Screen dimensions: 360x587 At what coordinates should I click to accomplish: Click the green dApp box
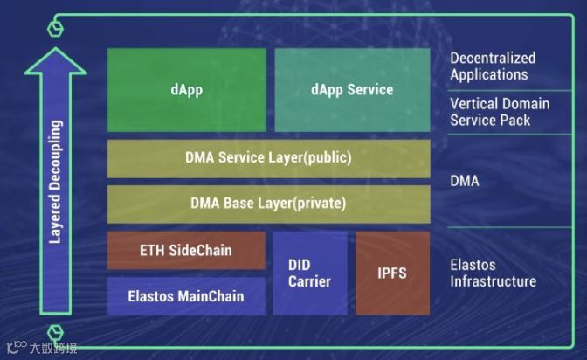click(x=186, y=90)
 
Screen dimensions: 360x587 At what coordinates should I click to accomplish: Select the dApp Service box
click(x=352, y=90)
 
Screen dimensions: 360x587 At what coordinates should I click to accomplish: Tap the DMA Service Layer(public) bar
click(x=268, y=158)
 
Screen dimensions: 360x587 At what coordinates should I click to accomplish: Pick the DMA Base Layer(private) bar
click(x=268, y=204)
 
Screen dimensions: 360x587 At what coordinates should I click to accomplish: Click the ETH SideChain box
click(x=186, y=250)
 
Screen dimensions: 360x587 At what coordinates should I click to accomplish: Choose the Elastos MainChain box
click(x=186, y=295)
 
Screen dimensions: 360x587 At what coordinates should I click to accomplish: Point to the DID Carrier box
click(x=309, y=273)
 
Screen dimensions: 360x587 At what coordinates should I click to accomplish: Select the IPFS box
click(x=393, y=273)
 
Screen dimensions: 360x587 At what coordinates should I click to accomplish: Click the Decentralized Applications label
click(x=493, y=66)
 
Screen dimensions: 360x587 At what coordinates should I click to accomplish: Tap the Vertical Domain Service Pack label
click(x=500, y=112)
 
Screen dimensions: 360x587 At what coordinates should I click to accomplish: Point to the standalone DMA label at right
click(x=466, y=181)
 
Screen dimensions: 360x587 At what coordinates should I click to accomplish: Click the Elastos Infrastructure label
click(x=493, y=273)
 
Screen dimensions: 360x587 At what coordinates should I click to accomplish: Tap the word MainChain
click(x=211, y=295)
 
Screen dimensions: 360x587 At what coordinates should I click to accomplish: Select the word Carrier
click(x=309, y=281)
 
